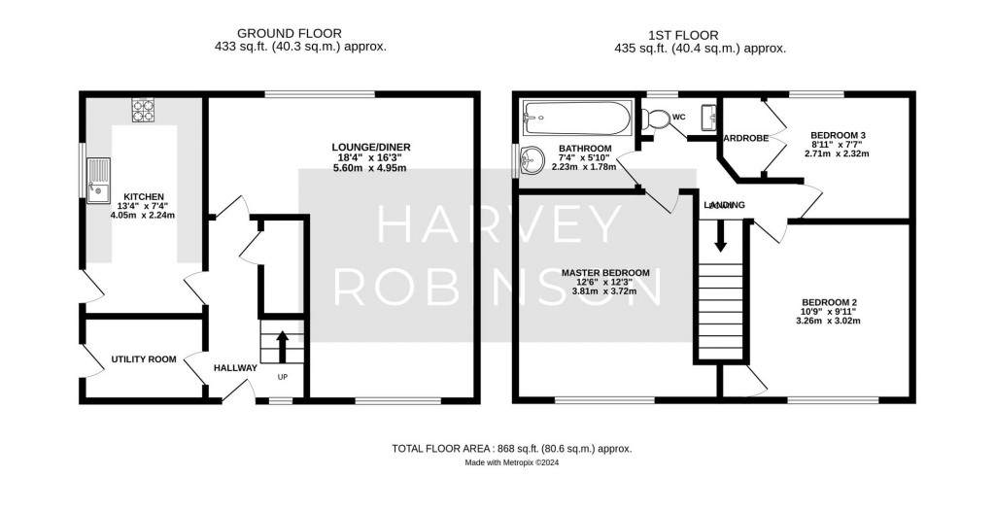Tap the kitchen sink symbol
[98, 183]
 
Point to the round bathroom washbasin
[532, 158]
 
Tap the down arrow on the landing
[720, 236]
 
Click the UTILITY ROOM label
[143, 359]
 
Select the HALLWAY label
[235, 368]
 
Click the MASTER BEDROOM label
[605, 272]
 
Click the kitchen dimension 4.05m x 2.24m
[143, 216]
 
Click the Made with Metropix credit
[511, 463]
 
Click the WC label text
[679, 118]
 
